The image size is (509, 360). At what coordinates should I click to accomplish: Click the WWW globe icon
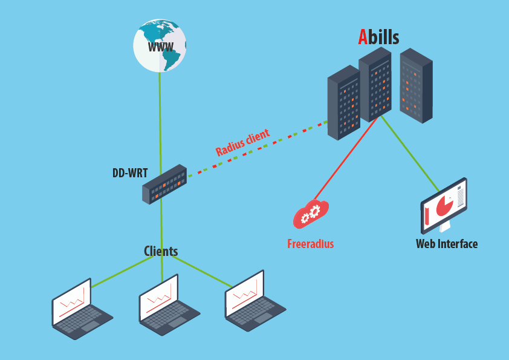tap(160, 45)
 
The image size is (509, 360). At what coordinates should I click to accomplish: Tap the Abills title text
tap(378, 37)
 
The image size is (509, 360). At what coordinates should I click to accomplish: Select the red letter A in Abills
tap(363, 37)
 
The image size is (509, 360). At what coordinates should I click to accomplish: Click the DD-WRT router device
tap(164, 184)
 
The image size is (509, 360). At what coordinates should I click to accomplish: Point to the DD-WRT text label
tap(130, 173)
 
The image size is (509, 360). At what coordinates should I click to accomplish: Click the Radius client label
tap(242, 143)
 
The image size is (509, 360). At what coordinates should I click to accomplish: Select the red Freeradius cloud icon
tap(311, 213)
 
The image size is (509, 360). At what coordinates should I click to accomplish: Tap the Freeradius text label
tap(310, 244)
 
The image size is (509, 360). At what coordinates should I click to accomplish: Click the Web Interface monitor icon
tap(444, 205)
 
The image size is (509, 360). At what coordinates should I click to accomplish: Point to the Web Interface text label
tap(446, 244)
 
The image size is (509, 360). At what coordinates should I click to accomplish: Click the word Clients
tap(161, 251)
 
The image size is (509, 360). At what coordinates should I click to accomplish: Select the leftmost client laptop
tap(81, 309)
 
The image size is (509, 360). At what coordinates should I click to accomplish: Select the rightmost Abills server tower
tap(416, 85)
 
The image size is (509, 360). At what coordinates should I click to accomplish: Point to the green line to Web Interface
tap(410, 151)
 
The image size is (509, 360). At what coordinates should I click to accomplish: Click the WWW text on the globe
tap(161, 47)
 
